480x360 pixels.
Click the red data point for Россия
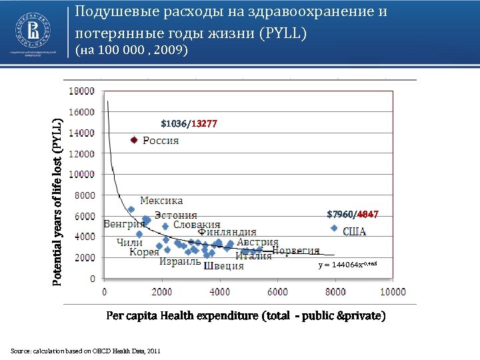[x=133, y=140]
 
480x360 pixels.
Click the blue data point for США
[x=334, y=228]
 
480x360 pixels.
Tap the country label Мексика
[x=161, y=200]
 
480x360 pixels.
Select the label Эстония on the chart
[x=176, y=215]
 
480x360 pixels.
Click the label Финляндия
[x=227, y=232]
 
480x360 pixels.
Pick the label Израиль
[x=180, y=261]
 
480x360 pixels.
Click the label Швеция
[x=223, y=265]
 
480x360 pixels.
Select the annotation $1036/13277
[x=189, y=123]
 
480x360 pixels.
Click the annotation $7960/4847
[x=353, y=214]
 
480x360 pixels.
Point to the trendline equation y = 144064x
[x=347, y=265]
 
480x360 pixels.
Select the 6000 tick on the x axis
[x=278, y=291]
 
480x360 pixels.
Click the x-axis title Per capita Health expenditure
[x=245, y=315]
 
